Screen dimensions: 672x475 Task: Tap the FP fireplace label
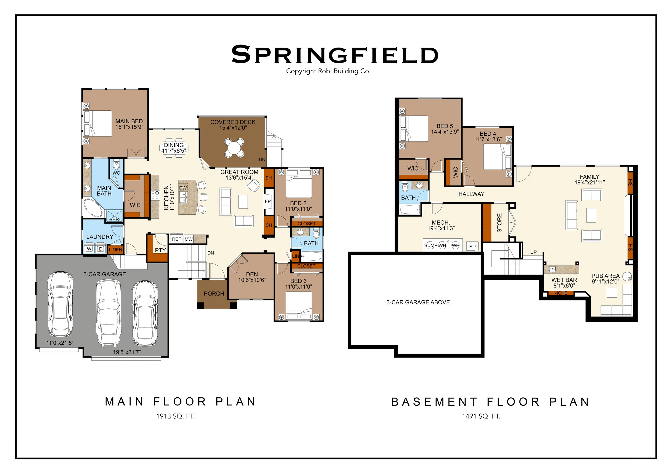pos(268,201)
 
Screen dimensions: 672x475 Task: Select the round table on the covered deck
pos(234,148)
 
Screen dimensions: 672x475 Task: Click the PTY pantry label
pos(160,250)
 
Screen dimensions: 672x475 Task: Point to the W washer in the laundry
pos(90,249)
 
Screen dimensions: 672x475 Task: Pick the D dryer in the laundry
pos(101,249)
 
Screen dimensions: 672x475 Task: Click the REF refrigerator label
pos(177,239)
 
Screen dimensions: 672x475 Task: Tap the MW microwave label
pos(188,239)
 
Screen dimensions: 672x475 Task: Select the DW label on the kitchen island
pos(183,188)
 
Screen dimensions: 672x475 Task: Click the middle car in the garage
pos(109,313)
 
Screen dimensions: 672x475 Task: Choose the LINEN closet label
pos(115,250)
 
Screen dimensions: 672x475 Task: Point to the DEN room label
pos(252,274)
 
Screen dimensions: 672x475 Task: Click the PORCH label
pos(214,294)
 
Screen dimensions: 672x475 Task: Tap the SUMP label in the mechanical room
pos(431,245)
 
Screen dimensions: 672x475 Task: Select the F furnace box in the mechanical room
pos(471,247)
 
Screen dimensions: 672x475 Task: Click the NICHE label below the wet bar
pos(560,293)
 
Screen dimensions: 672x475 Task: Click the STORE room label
pos(499,223)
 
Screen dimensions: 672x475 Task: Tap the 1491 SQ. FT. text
pos(481,416)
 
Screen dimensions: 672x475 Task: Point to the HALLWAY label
pos(471,194)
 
